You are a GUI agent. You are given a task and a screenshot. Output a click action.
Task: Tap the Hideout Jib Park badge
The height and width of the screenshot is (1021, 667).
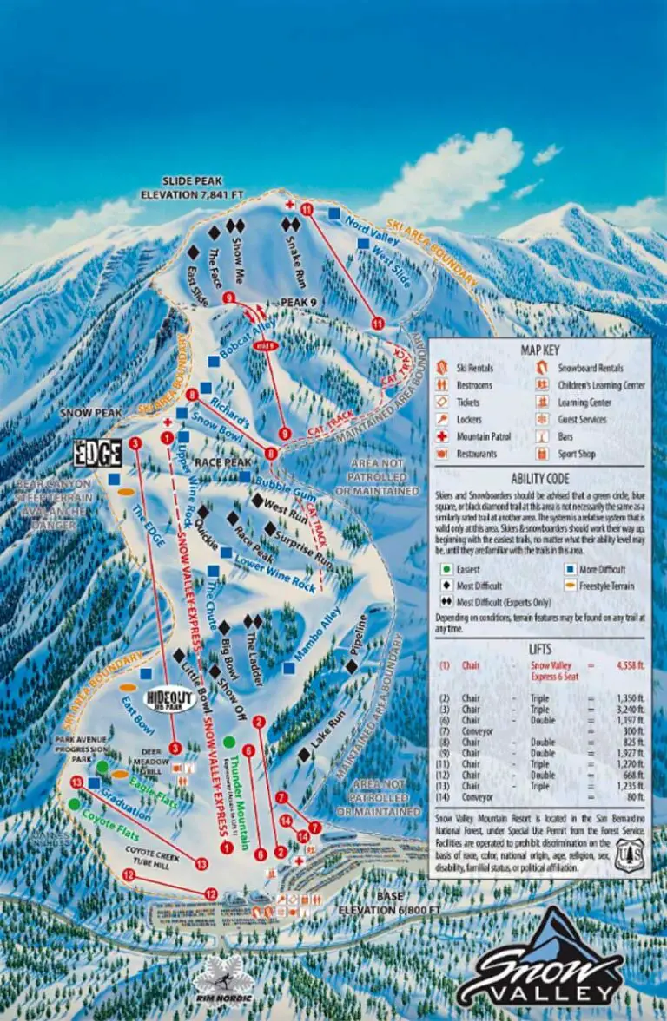point(170,698)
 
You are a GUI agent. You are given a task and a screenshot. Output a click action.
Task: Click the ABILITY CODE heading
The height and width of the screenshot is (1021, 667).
point(540,478)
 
